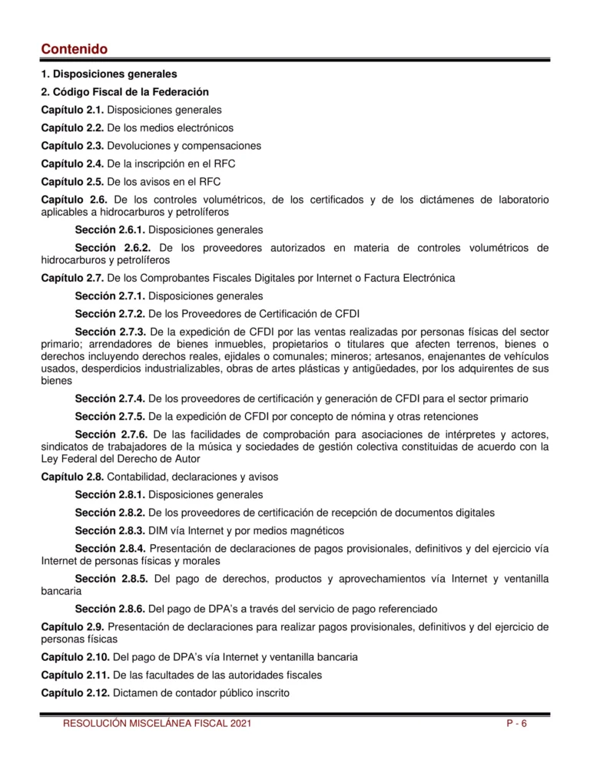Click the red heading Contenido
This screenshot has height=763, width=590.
74,49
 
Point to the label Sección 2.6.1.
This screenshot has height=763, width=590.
109,230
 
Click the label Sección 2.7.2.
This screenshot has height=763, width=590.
109,313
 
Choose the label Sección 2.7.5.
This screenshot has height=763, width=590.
109,417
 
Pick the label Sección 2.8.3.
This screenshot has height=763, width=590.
109,530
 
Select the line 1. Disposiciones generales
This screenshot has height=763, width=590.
108,74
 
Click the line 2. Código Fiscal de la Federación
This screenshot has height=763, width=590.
124,92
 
